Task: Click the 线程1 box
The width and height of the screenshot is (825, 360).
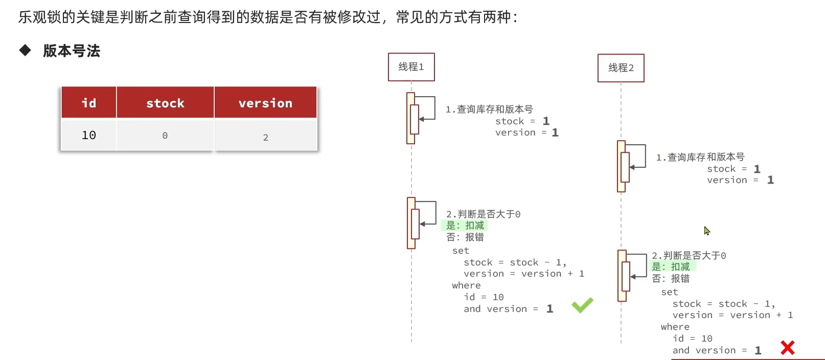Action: tap(411, 67)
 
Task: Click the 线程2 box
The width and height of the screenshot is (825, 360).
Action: tap(621, 68)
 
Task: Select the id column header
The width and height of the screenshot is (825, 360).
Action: tap(89, 103)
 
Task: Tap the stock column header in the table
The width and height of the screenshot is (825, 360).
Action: tap(165, 103)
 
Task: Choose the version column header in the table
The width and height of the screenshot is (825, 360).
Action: tap(265, 103)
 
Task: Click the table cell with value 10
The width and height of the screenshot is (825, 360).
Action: tap(89, 135)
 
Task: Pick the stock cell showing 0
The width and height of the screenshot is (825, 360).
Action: tap(165, 136)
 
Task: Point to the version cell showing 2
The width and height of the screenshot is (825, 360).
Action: tap(266, 137)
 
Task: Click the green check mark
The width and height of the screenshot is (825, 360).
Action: tap(582, 305)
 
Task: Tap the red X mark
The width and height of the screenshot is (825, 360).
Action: tap(788, 348)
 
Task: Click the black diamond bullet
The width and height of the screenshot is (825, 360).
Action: tap(25, 50)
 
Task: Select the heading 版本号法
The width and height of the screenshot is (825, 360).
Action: tap(72, 51)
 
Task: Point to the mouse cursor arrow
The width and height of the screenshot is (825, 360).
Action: tap(706, 230)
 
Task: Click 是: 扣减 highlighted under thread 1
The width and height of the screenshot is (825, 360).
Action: tap(465, 226)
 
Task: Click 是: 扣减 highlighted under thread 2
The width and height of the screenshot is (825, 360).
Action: tap(671, 267)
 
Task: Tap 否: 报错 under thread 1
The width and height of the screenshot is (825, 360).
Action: tap(465, 237)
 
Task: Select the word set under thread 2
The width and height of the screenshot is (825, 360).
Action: tap(669, 292)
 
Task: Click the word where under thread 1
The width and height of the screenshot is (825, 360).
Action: tap(466, 285)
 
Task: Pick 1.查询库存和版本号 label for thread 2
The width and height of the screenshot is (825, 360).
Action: tap(700, 157)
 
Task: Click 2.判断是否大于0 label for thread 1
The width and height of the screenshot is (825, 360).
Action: tap(484, 214)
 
